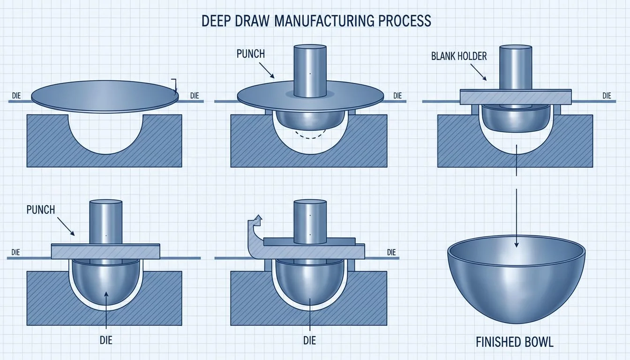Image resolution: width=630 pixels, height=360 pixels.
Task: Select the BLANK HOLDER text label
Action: pos(459,57)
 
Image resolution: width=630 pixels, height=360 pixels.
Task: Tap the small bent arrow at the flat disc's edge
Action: pos(174,86)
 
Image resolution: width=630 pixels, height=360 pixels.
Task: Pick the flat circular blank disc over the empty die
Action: pos(105,97)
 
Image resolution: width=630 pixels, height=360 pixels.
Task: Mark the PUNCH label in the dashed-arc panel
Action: pos(251,53)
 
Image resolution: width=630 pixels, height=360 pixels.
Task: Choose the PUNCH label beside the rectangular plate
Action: pos(41,210)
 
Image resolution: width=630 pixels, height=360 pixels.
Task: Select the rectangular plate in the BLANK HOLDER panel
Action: pos(516,97)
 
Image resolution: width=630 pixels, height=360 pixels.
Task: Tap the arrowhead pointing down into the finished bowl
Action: pos(516,242)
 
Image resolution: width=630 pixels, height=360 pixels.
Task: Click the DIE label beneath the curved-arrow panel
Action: pos(310,339)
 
